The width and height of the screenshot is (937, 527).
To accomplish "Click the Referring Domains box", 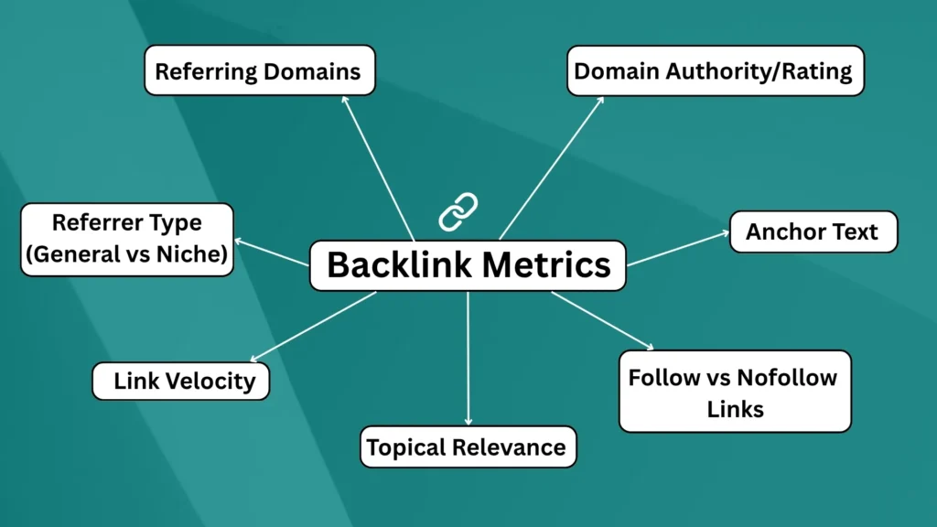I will click(259, 71).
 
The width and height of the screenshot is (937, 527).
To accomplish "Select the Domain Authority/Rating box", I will click(715, 70).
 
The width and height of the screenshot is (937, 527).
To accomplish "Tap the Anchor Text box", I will click(813, 231).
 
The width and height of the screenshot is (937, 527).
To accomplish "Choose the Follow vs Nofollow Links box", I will click(734, 392).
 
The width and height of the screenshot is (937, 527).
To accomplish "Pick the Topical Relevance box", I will click(467, 447).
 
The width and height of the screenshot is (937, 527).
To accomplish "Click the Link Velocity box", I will click(181, 381).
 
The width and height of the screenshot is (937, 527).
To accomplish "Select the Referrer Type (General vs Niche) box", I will click(126, 239).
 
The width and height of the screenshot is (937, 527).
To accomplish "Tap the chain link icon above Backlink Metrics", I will click(458, 211).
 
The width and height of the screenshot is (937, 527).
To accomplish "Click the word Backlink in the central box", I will click(399, 265).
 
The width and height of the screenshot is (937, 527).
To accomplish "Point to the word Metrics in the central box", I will click(546, 265).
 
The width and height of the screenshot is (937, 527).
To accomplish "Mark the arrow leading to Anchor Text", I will click(678, 248).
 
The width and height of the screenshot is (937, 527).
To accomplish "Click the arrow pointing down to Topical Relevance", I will click(468, 357).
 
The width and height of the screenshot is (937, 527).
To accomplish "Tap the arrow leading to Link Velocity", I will click(313, 327).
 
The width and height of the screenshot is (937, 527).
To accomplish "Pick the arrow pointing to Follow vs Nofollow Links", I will click(602, 320).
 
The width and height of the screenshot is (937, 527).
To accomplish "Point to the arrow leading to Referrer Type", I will click(272, 253).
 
